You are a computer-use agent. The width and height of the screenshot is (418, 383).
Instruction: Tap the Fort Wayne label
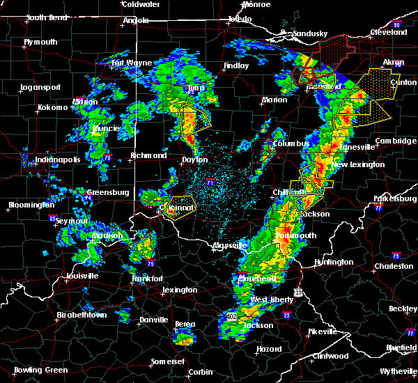[x=132, y=63]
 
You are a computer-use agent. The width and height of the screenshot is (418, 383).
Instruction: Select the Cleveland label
[x=389, y=32]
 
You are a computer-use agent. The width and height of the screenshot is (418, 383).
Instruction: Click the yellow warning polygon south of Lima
[x=195, y=118]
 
